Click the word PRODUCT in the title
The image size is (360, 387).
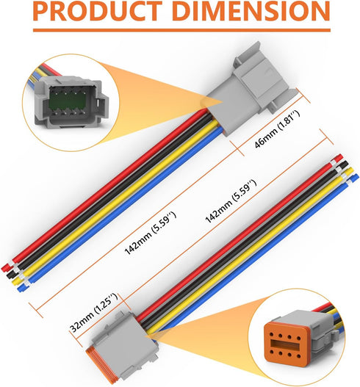tap(98, 11)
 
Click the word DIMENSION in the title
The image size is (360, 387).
tap(251, 11)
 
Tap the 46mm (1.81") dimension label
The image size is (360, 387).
tap(277, 129)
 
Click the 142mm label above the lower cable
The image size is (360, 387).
tap(231, 201)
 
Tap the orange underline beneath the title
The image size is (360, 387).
tap(181, 30)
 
